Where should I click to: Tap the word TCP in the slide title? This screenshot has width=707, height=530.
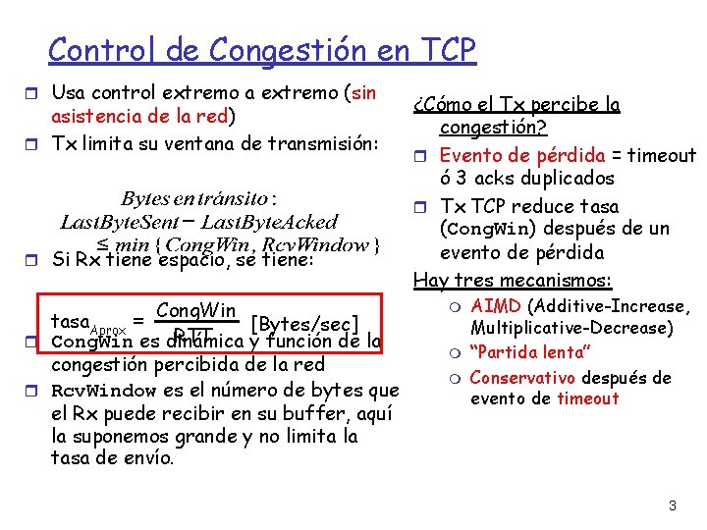tap(441, 48)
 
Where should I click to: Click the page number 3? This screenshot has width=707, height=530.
tap(672, 506)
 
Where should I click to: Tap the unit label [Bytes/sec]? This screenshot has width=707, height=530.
tap(305, 322)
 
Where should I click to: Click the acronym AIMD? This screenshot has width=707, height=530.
tap(496, 306)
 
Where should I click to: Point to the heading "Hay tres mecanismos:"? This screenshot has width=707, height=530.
tap(513, 281)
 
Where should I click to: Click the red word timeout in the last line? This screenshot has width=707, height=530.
tap(588, 398)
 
